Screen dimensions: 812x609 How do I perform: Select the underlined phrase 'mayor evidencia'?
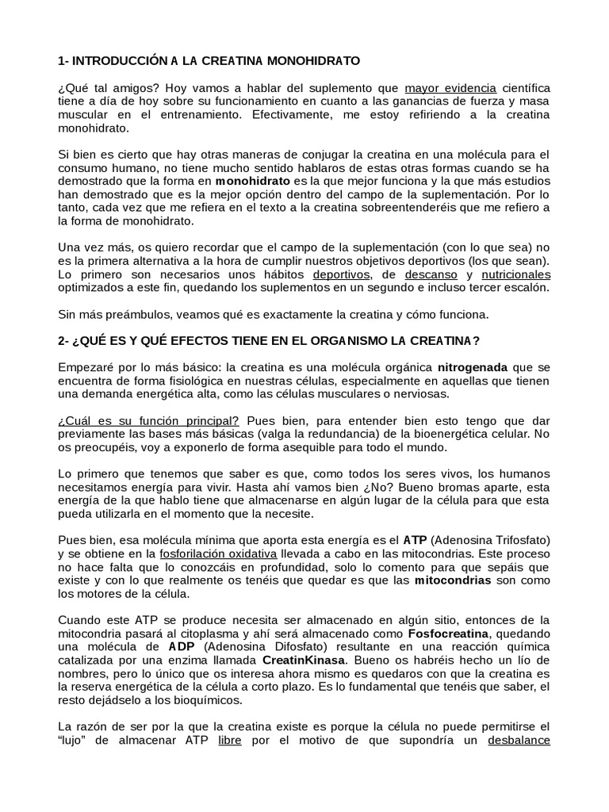click(x=450, y=87)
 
